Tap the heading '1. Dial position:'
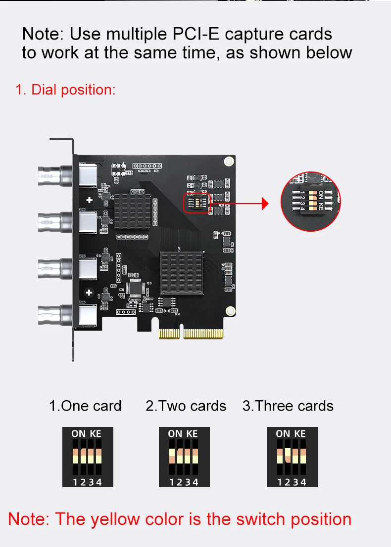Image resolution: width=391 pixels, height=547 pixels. click(x=65, y=90)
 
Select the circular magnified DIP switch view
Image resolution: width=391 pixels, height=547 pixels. click(x=311, y=201)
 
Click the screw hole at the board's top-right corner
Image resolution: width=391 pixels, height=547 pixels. click(x=228, y=161)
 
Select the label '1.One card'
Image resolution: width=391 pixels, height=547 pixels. click(x=85, y=406)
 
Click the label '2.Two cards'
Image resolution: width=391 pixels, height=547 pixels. click(x=186, y=406)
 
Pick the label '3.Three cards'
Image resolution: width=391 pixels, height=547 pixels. click(x=288, y=406)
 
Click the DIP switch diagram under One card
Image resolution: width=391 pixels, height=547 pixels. click(x=88, y=457)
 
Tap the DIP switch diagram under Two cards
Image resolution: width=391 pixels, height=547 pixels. click(x=184, y=457)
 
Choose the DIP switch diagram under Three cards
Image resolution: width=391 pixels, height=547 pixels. click(x=292, y=457)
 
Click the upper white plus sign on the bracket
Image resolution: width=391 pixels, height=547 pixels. click(x=89, y=200)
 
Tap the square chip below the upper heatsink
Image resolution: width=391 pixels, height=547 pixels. click(x=136, y=288)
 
